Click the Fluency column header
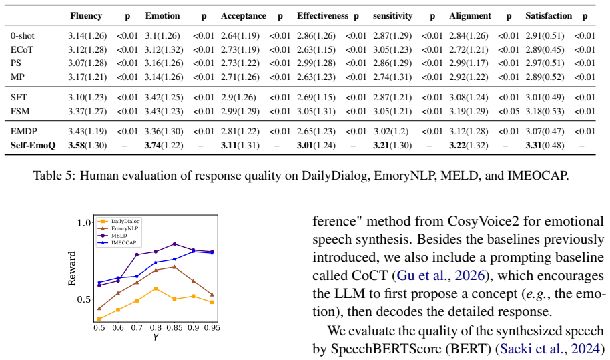tap(86, 16)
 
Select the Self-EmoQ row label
tap(33, 145)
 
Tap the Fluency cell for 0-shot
tap(87, 36)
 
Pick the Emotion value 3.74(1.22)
tap(164, 145)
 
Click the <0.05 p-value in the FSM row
tap(509, 112)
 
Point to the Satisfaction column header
tap(549, 16)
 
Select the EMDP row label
tap(24, 131)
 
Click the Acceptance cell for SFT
tap(238, 98)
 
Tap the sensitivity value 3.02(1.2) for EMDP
tap(391, 131)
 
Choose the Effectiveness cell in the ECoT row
tap(316, 50)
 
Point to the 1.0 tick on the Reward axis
tap(83, 223)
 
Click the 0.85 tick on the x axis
tap(174, 328)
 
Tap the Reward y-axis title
tap(72, 268)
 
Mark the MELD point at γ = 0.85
tap(174, 244)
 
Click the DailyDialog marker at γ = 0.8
tap(156, 289)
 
